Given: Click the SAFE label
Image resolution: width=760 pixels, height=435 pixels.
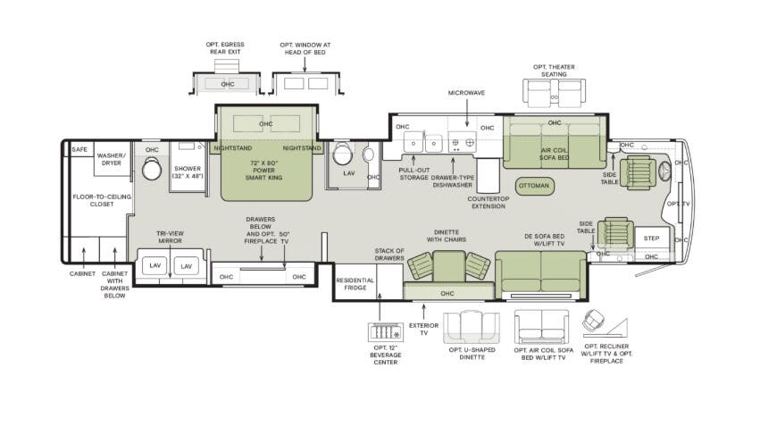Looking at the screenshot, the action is tap(79, 149).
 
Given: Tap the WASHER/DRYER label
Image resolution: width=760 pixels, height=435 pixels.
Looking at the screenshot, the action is tap(111, 159).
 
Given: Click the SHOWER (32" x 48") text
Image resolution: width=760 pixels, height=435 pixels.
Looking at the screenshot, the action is tap(187, 172).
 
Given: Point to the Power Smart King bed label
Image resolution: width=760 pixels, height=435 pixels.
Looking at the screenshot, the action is tap(263, 171).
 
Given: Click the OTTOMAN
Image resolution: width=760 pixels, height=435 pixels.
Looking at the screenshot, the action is tap(534, 186).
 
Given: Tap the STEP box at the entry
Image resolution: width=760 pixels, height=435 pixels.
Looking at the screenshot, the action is tap(651, 238).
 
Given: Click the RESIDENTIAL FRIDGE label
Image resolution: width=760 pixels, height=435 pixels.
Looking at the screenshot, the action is tap(355, 284).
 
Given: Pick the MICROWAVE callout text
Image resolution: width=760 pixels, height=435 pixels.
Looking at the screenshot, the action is tap(466, 93).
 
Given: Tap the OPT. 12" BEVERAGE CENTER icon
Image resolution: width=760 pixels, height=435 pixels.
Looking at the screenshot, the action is tap(385, 331).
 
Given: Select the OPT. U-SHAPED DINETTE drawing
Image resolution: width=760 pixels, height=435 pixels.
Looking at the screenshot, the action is tap(472, 327).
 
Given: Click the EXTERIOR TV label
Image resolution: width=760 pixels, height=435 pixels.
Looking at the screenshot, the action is tap(423, 329).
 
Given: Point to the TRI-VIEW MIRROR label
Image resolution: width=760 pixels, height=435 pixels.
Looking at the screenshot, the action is tap(170, 237).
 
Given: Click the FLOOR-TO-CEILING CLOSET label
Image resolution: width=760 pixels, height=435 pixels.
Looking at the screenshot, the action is tap(102, 200).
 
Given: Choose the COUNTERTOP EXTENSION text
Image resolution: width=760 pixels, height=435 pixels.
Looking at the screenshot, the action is tap(489, 203).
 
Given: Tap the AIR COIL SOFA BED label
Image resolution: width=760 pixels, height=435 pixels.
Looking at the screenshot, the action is tap(555, 155).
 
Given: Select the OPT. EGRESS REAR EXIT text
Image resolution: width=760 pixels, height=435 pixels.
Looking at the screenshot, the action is tap(225, 48).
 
